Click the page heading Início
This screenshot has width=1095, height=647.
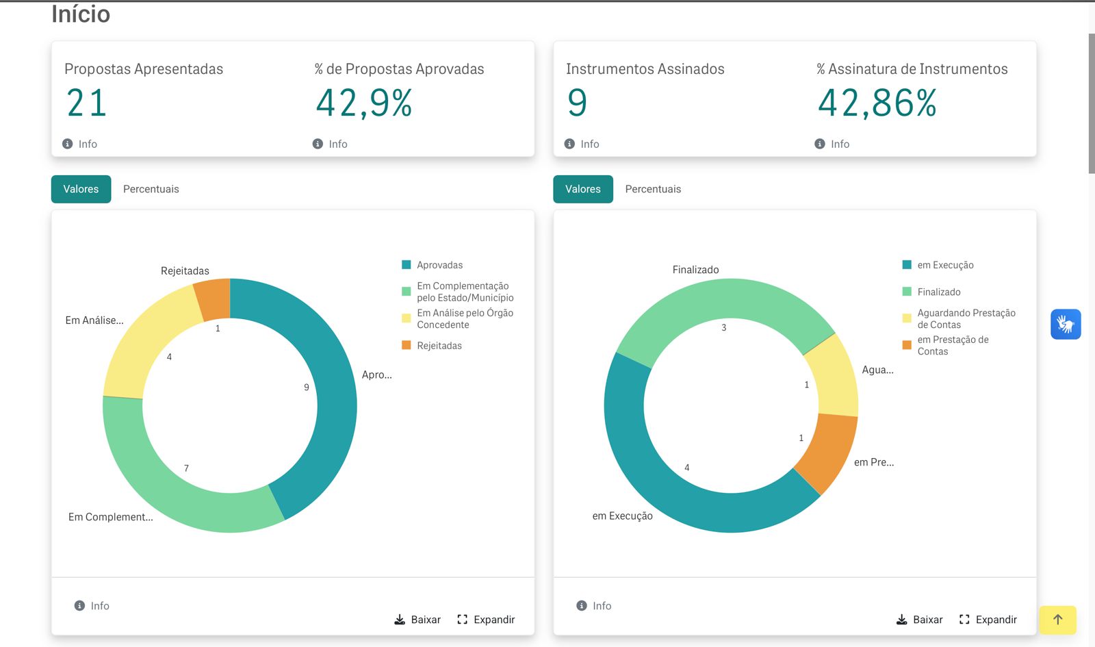(81, 14)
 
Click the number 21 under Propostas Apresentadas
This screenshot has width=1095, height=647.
(86, 103)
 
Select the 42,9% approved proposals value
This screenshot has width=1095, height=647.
(364, 103)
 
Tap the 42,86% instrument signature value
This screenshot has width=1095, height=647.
(877, 103)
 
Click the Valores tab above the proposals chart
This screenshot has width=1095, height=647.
(81, 189)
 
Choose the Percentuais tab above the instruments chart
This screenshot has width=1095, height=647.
(653, 189)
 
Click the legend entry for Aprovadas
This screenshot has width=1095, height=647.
(432, 265)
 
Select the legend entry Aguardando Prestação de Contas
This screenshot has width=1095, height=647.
(959, 319)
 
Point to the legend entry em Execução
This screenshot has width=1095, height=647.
(938, 265)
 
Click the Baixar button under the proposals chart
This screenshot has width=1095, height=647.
(417, 620)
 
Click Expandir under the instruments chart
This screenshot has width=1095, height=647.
(988, 620)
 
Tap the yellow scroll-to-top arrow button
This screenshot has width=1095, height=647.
(1058, 620)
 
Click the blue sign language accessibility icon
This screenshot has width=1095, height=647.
(1066, 325)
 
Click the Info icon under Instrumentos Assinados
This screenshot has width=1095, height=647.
(569, 144)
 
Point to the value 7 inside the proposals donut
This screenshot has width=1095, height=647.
(186, 468)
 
